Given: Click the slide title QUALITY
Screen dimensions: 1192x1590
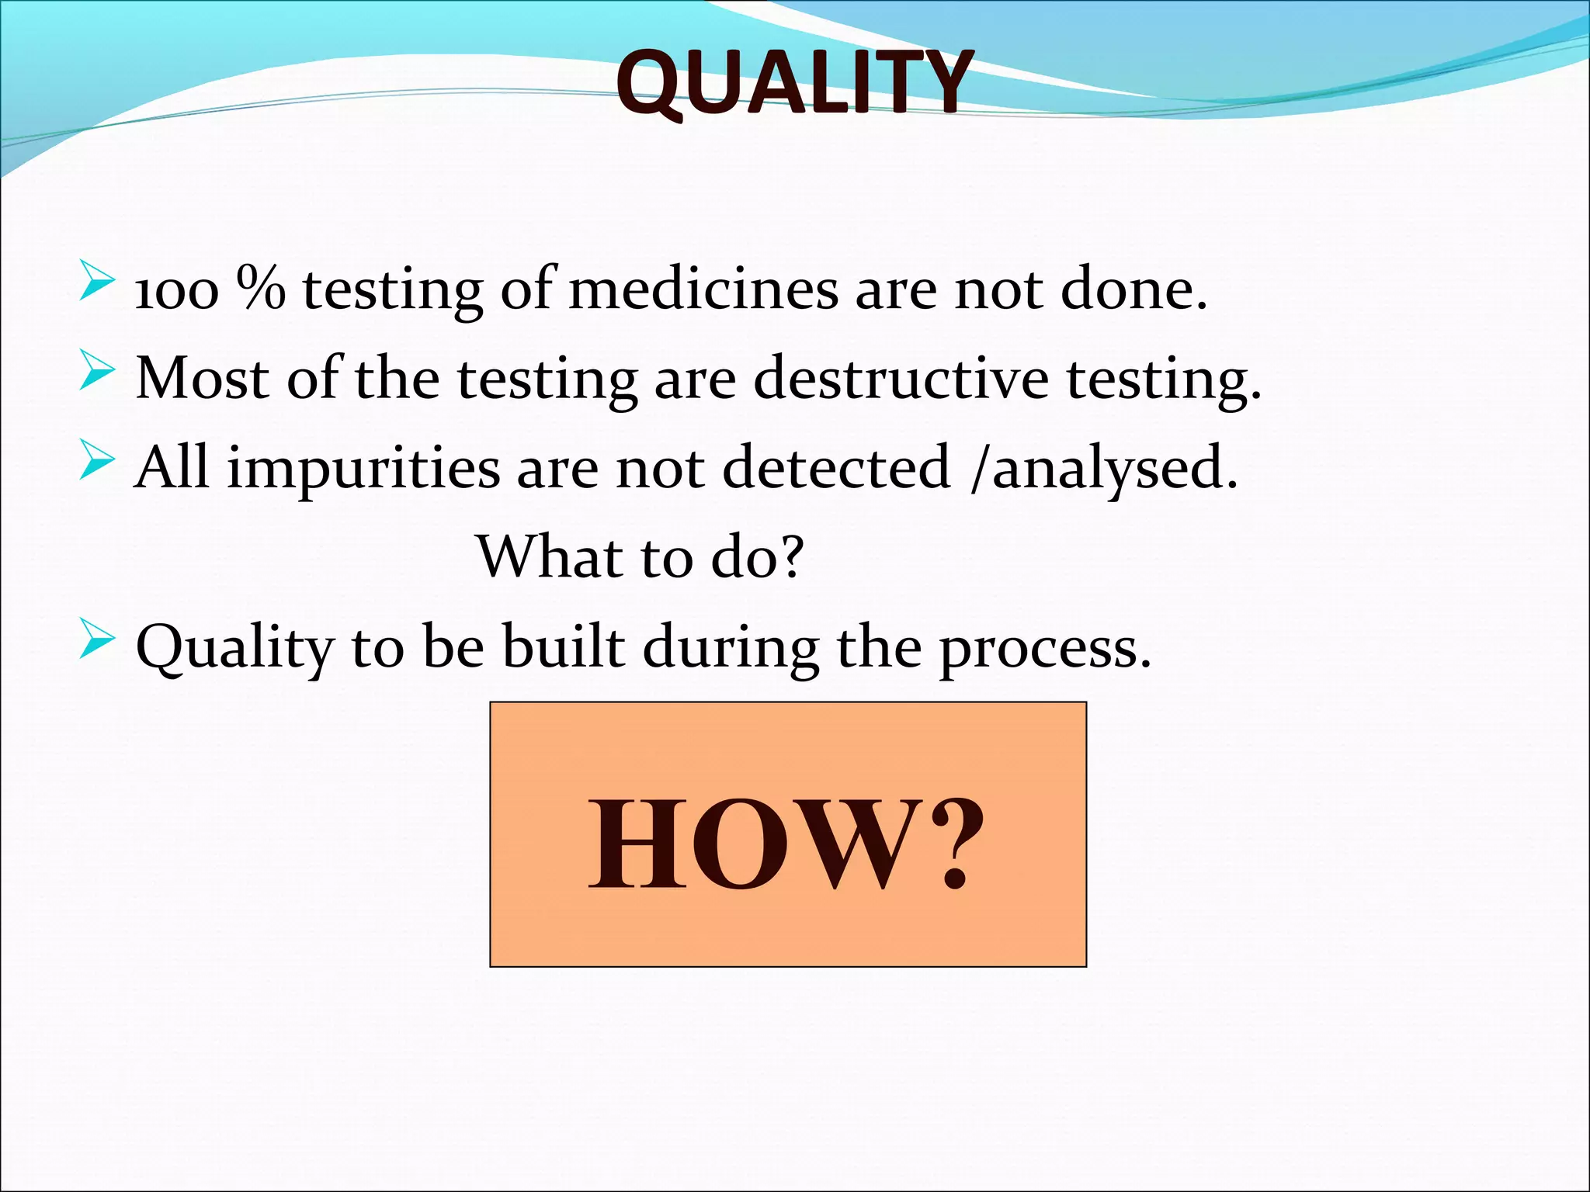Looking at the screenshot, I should pyautogui.click(x=793, y=82).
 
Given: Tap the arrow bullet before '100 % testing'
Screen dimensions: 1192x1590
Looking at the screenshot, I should pyautogui.click(x=97, y=281).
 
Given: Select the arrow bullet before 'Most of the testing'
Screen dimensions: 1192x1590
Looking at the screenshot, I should pyautogui.click(x=97, y=369).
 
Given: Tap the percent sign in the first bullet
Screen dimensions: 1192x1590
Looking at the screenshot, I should pyautogui.click(x=261, y=289).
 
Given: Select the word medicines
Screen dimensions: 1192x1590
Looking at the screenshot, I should pyautogui.click(x=703, y=289).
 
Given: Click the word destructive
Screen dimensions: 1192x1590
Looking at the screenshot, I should pyautogui.click(x=901, y=379).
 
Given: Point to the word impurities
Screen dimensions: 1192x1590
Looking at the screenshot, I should pyautogui.click(x=363, y=469).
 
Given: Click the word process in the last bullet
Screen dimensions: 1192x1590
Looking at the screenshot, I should pyautogui.click(x=1044, y=649).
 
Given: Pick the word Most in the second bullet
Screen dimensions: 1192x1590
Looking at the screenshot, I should pyautogui.click(x=202, y=379).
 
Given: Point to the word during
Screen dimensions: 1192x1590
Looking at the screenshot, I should pyautogui.click(x=731, y=649).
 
